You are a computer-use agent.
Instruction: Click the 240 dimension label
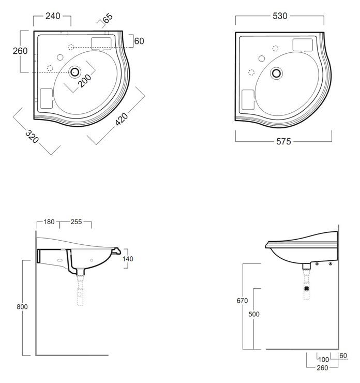point(53,16)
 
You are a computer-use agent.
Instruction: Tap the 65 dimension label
point(108,18)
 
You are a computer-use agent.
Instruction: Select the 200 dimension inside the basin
point(85,80)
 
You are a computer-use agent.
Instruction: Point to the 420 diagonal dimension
point(122,119)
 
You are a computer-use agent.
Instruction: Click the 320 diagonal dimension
point(32,137)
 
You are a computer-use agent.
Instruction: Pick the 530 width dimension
point(280,16)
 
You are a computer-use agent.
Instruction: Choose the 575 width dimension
point(283,141)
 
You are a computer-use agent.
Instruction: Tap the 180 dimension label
point(49,222)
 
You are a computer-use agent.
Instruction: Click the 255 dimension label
point(76,222)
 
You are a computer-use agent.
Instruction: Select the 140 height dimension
point(128,259)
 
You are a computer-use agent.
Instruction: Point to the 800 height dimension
point(22,307)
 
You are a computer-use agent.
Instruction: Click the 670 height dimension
point(242,300)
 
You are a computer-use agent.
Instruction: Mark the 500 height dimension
point(254,314)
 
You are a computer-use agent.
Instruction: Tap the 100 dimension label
point(324,360)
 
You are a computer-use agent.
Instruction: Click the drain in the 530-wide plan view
point(276,73)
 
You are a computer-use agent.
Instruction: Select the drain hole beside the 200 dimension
point(74,72)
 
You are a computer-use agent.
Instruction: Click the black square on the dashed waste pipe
point(307,289)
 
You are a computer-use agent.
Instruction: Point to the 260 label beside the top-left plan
point(20,51)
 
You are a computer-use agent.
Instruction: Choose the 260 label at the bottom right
point(322,367)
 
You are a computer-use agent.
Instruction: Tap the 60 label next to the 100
point(343,356)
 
